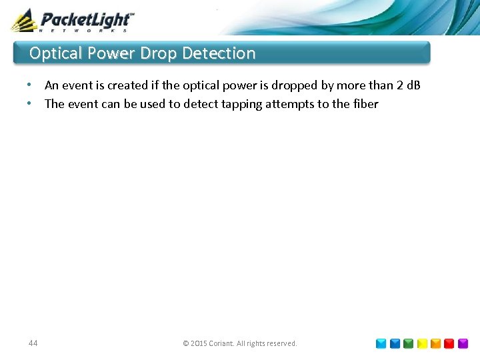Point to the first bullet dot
tap(29, 85)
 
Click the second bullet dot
tap(29, 103)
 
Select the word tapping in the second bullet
tap(241, 104)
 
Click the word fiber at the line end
tap(365, 103)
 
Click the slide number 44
tap(33, 343)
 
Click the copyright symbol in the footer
tap(186, 344)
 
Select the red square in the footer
tap(449, 344)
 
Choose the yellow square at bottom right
tap(422, 344)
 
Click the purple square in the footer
tap(463, 344)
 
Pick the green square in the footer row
tap(408, 344)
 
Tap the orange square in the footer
tap(435, 344)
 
